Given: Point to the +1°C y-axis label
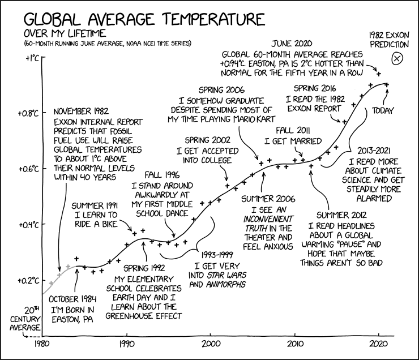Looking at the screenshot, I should pyautogui.click(x=29, y=58).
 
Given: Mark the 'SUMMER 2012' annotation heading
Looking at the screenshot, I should pyautogui.click(x=342, y=216).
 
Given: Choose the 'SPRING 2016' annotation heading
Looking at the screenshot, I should pyautogui.click(x=315, y=88).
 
